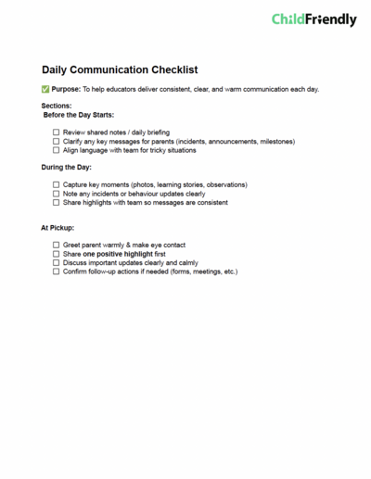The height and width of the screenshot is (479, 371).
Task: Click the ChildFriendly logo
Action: point(313,19)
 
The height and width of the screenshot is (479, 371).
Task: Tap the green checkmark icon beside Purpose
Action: point(46,89)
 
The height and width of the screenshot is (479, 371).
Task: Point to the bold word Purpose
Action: point(67,89)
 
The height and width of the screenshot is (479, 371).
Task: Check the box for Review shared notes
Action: point(56,132)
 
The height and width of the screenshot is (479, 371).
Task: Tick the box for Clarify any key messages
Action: point(56,142)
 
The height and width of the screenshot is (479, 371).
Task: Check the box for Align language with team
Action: point(56,150)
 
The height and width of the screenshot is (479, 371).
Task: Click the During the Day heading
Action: point(68,168)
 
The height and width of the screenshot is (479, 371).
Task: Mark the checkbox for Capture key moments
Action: point(56,185)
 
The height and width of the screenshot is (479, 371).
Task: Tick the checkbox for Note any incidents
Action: point(56,194)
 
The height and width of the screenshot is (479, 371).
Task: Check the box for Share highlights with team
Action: point(56,202)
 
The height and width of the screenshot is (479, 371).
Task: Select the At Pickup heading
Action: point(58,228)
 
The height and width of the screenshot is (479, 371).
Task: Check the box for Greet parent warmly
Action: point(56,246)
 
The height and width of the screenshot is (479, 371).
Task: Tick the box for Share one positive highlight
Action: point(56,254)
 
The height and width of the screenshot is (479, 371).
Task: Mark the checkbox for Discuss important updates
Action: point(56,263)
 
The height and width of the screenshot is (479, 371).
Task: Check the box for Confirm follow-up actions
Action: point(56,271)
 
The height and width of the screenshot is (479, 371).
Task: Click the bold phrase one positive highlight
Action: point(118,254)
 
